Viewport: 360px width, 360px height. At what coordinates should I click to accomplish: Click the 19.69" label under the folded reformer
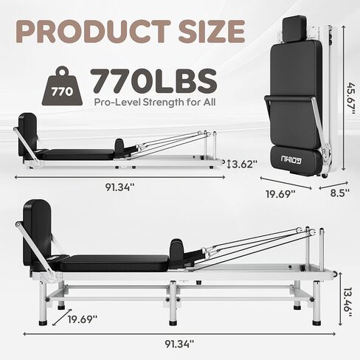pyautogui.click(x=280, y=193)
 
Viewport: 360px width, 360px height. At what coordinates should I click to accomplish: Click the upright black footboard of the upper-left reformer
pyautogui.click(x=28, y=131)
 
